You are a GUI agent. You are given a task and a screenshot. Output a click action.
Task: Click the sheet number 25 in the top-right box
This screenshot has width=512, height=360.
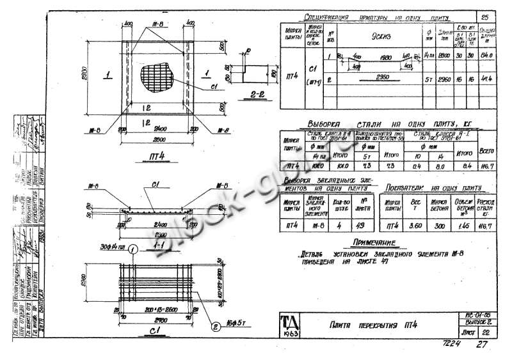point(484,17)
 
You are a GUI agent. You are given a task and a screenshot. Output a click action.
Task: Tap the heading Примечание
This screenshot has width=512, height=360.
point(376,243)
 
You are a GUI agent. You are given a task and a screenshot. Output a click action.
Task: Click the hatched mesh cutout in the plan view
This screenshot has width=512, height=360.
point(157,75)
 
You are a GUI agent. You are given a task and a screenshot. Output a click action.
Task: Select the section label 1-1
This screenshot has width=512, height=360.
point(152,243)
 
